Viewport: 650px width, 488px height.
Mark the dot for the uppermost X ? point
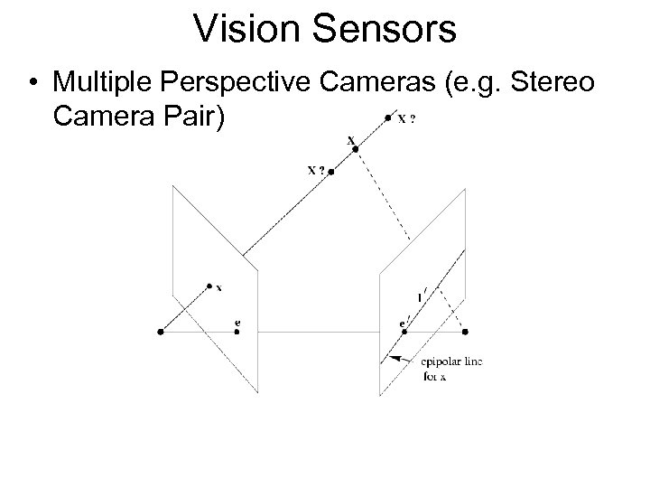(387, 117)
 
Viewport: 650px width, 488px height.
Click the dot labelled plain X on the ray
(356, 149)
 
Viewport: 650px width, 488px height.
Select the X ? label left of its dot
(315, 169)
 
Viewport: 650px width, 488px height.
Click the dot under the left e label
(236, 332)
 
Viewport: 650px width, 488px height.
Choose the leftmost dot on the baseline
(160, 332)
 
